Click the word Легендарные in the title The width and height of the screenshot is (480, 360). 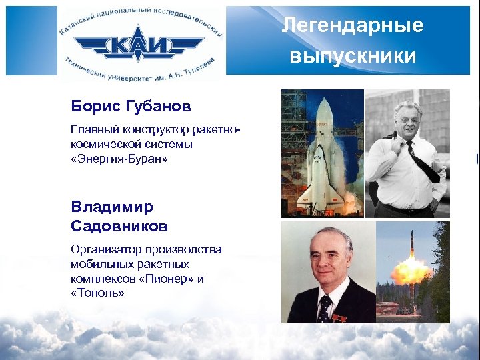tap(352, 26)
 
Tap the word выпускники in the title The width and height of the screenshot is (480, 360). tap(353, 55)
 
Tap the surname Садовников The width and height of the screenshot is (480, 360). tap(119, 227)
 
